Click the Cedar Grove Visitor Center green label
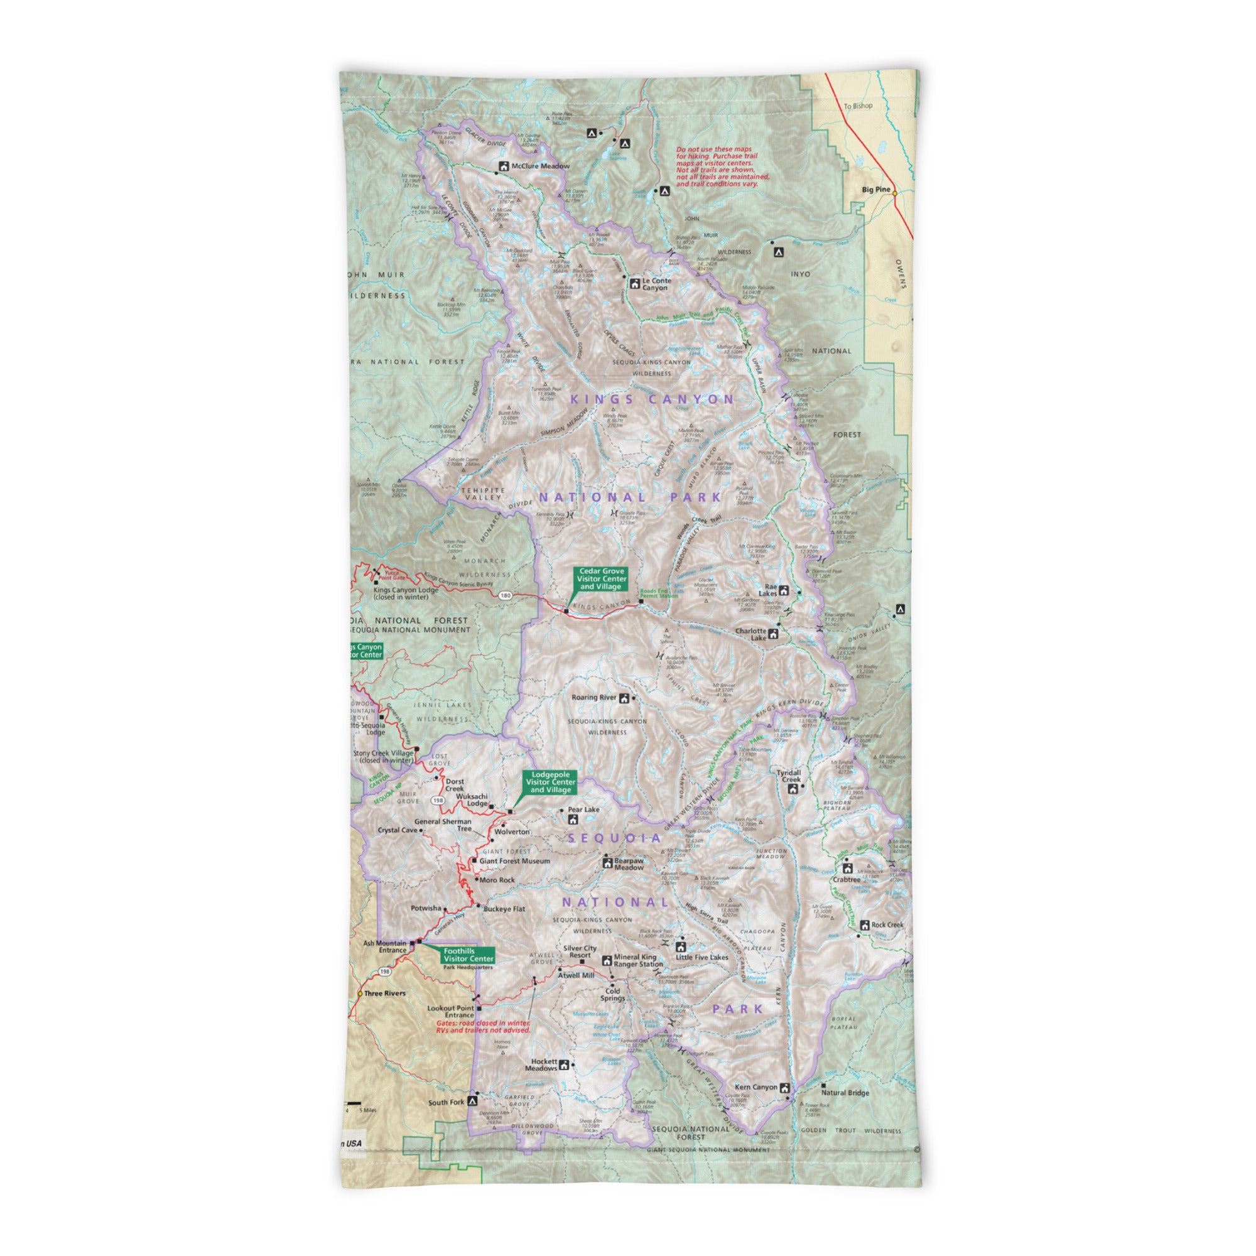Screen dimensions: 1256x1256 coord(602,578)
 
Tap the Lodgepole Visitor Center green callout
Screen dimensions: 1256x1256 coord(550,782)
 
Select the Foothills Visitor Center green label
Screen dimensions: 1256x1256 coord(468,955)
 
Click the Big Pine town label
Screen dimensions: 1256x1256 coord(875,189)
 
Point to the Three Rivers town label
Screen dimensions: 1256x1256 coord(384,993)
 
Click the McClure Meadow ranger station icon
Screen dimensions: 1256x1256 coord(502,166)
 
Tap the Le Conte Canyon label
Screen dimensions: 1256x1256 coord(656,284)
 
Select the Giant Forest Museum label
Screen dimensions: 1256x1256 coord(514,861)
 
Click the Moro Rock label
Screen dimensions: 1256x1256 coord(497,880)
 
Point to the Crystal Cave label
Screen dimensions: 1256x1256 coord(398,830)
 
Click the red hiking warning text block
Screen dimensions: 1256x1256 coord(722,166)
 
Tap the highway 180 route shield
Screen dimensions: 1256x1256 coord(506,595)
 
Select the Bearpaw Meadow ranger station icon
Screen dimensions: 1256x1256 coord(607,863)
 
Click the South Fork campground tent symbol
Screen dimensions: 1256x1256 coord(473,1102)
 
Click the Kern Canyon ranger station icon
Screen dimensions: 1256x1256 coord(784,1088)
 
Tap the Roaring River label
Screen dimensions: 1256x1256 coord(593,698)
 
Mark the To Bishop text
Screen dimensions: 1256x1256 coord(858,106)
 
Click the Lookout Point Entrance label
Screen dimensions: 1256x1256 coord(450,1012)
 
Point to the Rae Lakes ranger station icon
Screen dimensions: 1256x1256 coord(783,590)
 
